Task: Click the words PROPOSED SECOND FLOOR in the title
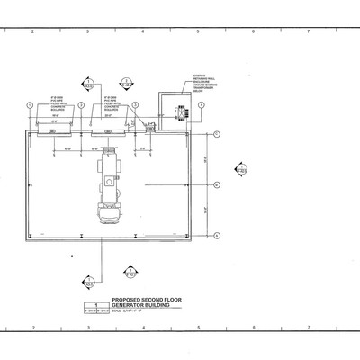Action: (147, 302)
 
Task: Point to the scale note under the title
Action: (130, 313)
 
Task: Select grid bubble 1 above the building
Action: (30, 105)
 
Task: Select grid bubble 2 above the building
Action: (82, 105)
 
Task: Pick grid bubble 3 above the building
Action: (134, 105)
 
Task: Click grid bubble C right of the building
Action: (218, 133)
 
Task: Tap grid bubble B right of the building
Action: (218, 184)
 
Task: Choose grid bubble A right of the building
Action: (218, 235)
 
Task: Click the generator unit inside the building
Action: (111, 184)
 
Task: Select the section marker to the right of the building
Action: (240, 169)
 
